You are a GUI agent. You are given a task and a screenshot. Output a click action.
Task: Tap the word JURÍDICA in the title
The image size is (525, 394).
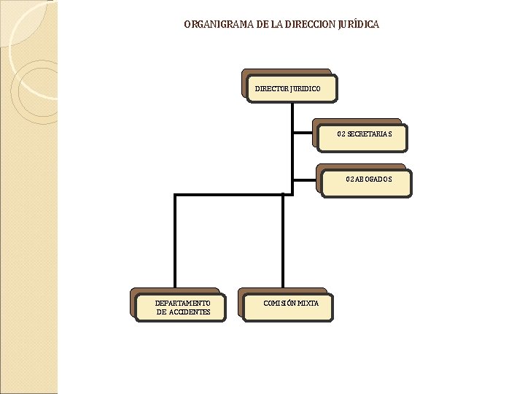(359, 25)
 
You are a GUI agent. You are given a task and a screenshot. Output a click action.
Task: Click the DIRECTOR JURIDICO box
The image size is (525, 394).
(292, 88)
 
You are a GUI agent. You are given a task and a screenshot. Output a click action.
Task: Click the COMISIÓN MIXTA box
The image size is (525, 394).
(287, 306)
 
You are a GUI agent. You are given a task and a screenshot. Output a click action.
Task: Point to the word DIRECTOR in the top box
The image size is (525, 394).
(272, 89)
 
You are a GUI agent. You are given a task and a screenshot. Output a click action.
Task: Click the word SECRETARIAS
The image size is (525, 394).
(370, 134)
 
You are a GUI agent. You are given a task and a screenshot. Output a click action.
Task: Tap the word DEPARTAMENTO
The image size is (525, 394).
(183, 303)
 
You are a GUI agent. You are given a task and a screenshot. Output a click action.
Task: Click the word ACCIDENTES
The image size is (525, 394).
(190, 312)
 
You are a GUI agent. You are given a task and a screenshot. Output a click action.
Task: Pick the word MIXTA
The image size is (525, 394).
(307, 303)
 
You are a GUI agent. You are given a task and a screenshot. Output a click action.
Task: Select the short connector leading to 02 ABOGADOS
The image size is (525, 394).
(306, 179)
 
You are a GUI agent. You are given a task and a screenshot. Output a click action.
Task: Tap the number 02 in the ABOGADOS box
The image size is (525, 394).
(350, 179)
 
